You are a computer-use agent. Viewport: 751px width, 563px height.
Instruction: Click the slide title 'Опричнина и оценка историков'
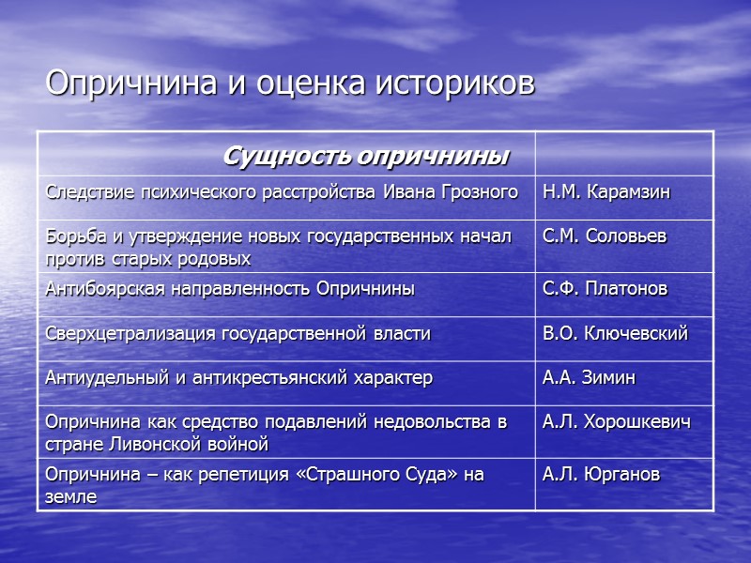click(290, 84)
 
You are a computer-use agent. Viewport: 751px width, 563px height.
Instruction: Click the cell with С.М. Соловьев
click(604, 236)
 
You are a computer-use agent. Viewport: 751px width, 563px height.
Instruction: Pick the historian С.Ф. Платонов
click(605, 289)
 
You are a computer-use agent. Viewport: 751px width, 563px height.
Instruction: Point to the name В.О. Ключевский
click(615, 333)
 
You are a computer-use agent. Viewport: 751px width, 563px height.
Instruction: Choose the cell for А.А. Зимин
click(589, 377)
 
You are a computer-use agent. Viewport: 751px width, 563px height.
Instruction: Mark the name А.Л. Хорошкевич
click(616, 422)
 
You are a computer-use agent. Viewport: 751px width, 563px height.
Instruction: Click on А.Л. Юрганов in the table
click(601, 475)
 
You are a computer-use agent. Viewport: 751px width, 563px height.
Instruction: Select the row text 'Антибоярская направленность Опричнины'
click(230, 289)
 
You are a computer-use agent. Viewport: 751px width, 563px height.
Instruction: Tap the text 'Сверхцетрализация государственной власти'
click(238, 333)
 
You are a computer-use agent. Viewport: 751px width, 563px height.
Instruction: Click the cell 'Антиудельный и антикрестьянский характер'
click(238, 377)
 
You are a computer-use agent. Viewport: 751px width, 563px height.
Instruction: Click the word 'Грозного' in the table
click(479, 193)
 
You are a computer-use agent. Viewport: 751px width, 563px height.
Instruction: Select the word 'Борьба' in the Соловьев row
click(72, 236)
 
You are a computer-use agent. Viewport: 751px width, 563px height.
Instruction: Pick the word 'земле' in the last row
click(70, 496)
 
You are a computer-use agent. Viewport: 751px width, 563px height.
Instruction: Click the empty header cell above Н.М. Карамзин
click(623, 155)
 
